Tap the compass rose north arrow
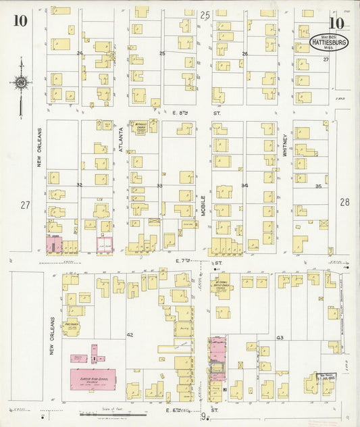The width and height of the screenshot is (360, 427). tap(21, 83)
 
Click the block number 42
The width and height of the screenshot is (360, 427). tap(130, 335)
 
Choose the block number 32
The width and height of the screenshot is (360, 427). tap(79, 184)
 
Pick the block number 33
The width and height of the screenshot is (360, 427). tap(160, 185)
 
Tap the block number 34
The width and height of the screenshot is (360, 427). tap(245, 185)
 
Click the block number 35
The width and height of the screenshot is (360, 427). tap(317, 185)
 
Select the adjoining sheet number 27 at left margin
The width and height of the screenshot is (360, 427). tap(26, 204)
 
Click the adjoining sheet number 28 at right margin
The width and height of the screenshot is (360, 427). tap(344, 201)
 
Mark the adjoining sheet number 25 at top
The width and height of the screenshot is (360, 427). tap(205, 15)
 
